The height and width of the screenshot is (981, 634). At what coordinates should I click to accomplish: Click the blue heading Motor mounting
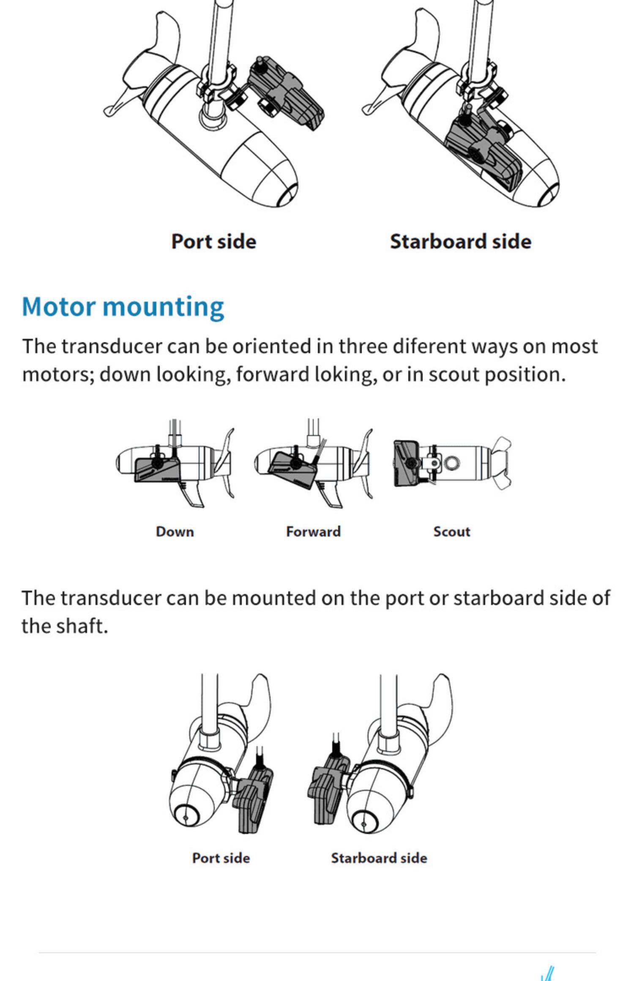[123, 307]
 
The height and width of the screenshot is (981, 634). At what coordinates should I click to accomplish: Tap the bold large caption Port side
[213, 242]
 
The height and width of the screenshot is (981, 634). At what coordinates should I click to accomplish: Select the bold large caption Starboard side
[460, 242]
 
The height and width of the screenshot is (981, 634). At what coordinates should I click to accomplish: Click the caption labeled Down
[175, 531]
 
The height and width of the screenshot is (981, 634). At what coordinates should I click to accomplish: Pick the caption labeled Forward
[313, 531]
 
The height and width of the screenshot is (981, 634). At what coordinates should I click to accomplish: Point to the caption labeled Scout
[451, 531]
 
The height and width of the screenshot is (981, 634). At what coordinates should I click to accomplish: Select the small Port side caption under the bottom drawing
[221, 858]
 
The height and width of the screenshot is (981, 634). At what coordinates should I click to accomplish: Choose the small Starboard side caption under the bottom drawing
[379, 858]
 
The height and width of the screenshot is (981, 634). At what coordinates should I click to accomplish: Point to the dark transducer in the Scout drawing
[406, 463]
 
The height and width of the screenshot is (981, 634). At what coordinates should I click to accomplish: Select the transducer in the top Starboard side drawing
[482, 148]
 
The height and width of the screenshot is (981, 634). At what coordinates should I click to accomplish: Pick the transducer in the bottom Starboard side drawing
[328, 790]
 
